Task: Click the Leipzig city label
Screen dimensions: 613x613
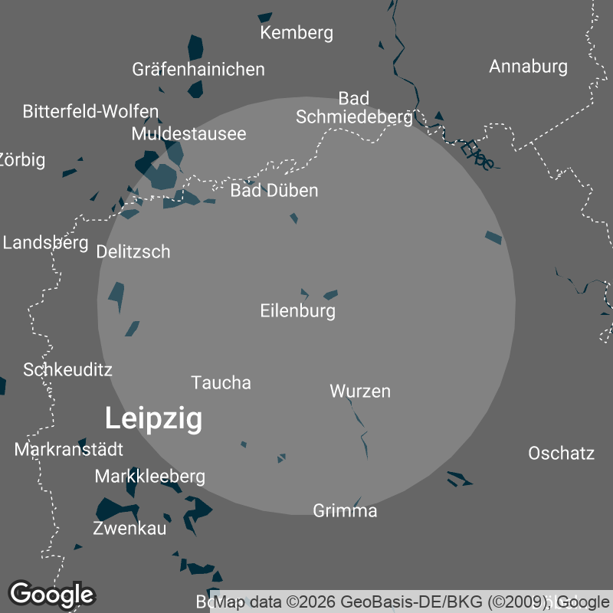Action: point(153,419)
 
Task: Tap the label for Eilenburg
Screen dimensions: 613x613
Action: point(298,311)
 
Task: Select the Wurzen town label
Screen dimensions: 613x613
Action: point(360,391)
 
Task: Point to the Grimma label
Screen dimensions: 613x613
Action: point(345,510)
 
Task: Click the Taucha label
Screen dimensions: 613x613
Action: point(221,382)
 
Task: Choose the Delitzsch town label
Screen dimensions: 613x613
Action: point(133,251)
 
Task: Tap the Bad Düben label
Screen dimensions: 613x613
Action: point(274,190)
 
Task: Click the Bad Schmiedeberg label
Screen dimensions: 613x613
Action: point(354,107)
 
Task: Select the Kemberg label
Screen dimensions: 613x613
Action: point(297,32)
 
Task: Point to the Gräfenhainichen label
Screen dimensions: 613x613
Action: point(198,69)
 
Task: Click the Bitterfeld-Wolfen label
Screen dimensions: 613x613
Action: point(90,111)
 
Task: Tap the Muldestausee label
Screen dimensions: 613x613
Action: point(188,133)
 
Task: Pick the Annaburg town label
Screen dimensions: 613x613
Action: point(528,66)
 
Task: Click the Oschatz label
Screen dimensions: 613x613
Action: point(561,453)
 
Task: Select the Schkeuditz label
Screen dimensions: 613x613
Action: point(67,369)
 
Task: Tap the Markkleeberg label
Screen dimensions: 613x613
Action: point(149,477)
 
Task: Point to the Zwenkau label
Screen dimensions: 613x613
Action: point(129,528)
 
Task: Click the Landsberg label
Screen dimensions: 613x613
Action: point(46,243)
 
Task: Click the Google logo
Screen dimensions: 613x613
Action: point(51,594)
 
